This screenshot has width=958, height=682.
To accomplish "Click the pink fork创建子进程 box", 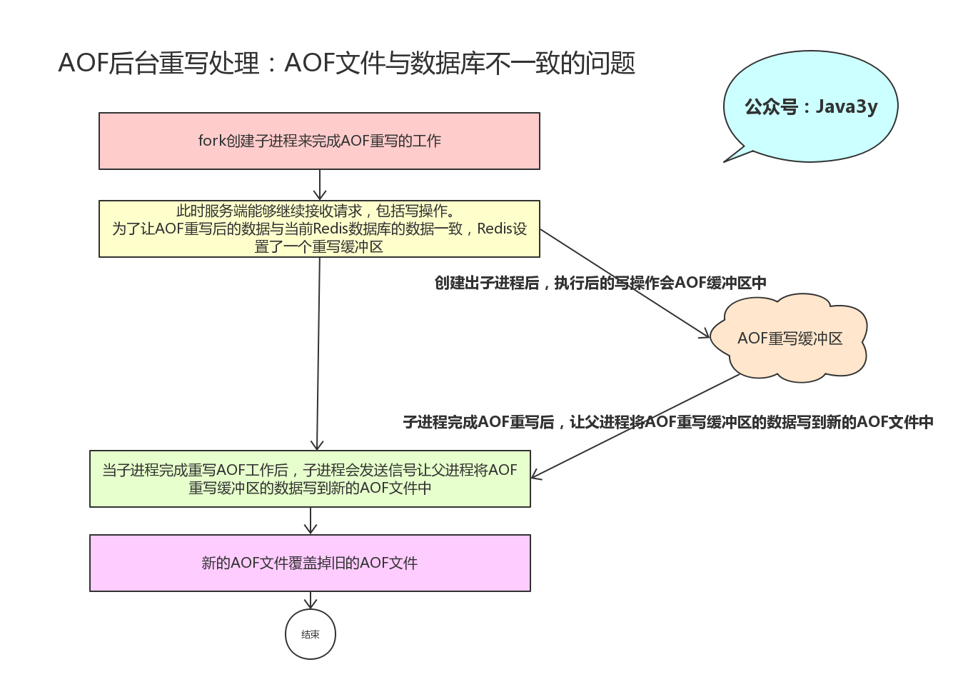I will [x=319, y=141].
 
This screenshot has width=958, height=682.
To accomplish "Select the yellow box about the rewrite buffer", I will [x=319, y=229].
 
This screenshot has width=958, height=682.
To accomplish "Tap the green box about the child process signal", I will [x=310, y=478].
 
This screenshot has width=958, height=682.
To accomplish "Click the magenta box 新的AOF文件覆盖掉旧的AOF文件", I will [x=310, y=563].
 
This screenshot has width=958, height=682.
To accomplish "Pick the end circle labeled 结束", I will [x=311, y=634].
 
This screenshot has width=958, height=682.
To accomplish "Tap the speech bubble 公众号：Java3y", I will [x=811, y=106].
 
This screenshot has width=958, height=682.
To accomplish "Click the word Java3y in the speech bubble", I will [x=847, y=106].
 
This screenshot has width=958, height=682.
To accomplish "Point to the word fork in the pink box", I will [x=211, y=141].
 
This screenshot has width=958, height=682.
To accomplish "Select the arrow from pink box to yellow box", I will [x=320, y=185].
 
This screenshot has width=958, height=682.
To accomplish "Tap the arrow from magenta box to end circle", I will [x=311, y=601].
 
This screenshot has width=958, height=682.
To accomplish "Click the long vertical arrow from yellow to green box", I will [x=318, y=353].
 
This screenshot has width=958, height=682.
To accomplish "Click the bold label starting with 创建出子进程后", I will [x=600, y=283].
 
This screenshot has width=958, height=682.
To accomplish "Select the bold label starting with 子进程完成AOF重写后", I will [x=668, y=422].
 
